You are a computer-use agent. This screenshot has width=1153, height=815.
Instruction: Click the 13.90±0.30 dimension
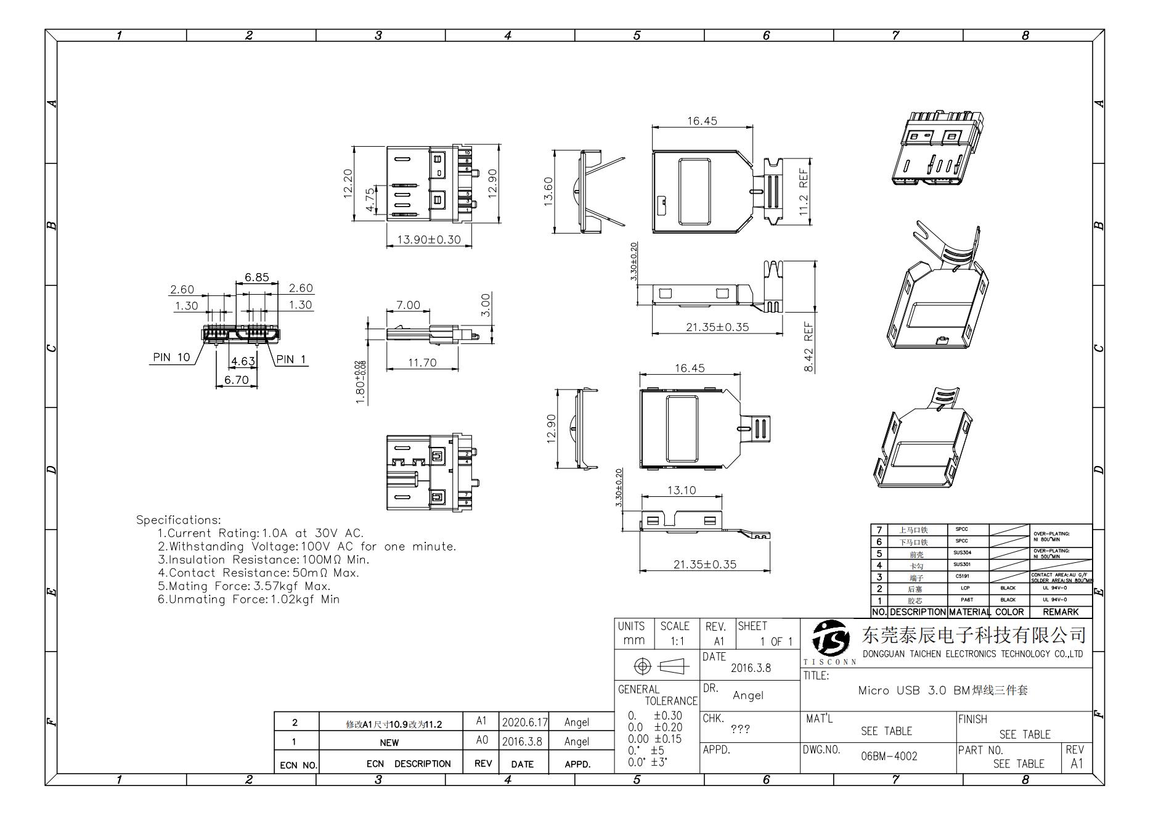click(x=428, y=240)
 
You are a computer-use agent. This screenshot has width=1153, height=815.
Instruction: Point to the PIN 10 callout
click(x=171, y=358)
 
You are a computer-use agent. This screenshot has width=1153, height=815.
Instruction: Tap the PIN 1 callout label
click(x=291, y=359)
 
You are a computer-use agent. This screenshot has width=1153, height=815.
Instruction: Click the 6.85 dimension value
click(x=256, y=277)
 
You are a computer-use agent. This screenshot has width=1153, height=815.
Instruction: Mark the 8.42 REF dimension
click(x=809, y=347)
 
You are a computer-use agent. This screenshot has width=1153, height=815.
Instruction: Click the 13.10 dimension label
click(x=681, y=490)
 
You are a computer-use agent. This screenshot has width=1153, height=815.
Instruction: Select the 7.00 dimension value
click(x=408, y=305)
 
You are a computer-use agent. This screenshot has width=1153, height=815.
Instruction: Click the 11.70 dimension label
click(x=422, y=362)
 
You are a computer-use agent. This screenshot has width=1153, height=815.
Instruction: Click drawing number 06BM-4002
click(x=889, y=756)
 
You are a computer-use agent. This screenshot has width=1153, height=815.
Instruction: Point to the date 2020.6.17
click(x=524, y=722)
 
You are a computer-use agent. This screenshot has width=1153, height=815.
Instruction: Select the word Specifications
click(x=178, y=520)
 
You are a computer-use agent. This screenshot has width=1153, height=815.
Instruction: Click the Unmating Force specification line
click(x=248, y=599)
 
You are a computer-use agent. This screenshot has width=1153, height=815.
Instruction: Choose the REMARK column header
click(x=1060, y=612)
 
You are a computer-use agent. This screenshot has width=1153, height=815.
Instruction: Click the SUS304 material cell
click(x=962, y=553)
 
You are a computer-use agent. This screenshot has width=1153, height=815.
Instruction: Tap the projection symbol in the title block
click(x=657, y=666)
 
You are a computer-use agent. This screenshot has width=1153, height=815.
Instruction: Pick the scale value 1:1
click(x=677, y=641)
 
